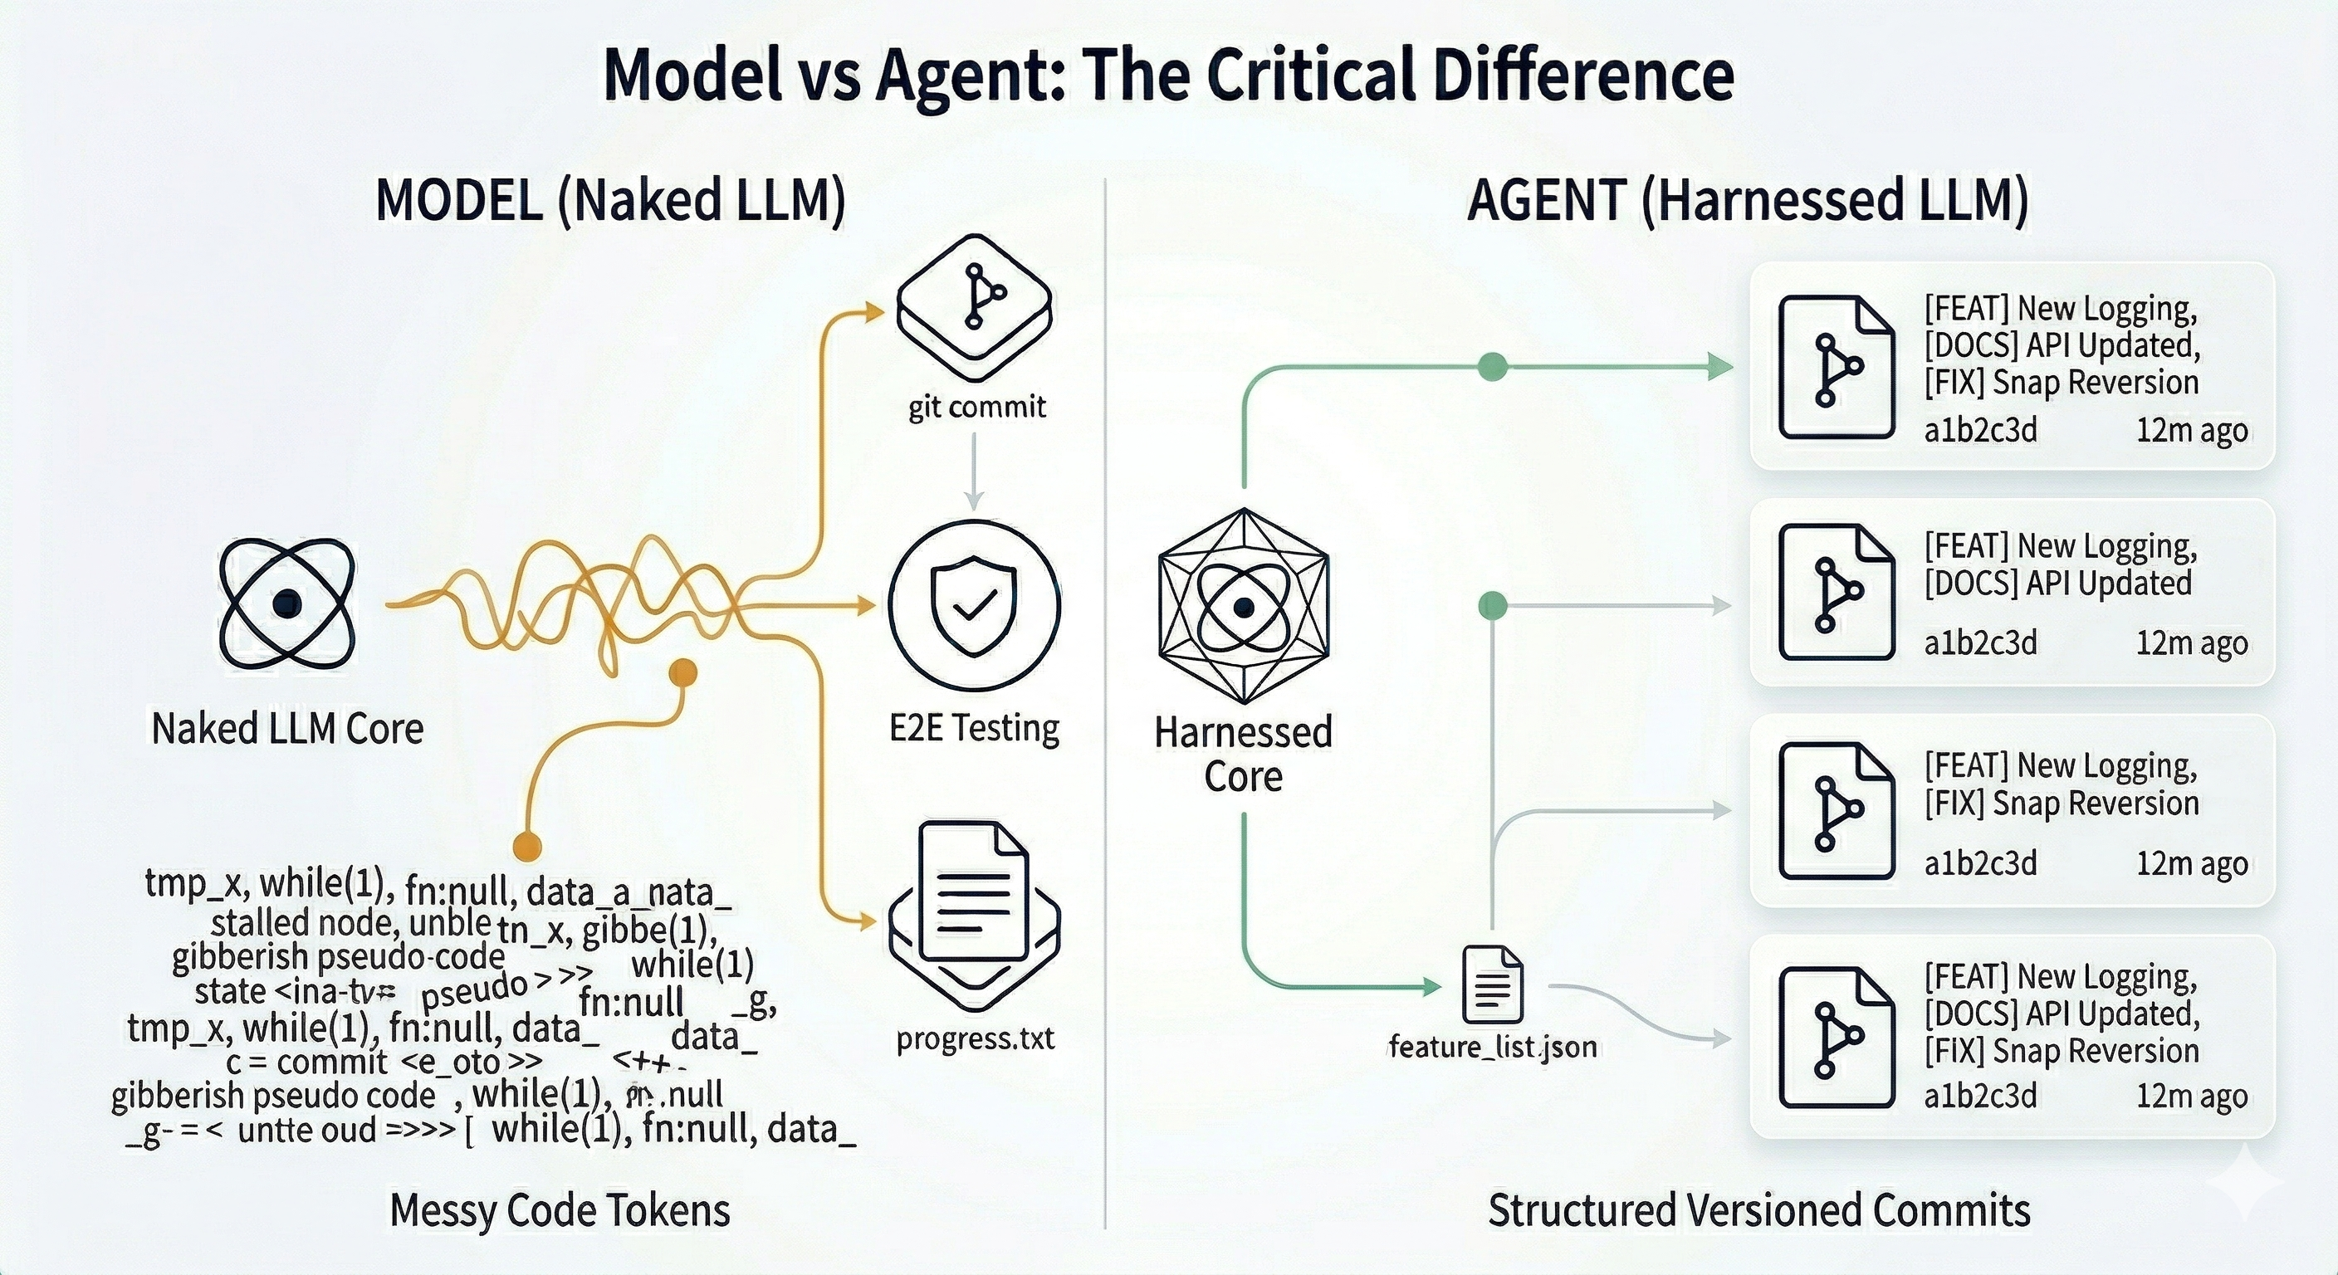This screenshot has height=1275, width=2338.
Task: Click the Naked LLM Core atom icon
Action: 286,603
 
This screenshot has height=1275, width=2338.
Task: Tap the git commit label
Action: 976,407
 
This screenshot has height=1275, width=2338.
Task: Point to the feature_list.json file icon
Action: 1492,984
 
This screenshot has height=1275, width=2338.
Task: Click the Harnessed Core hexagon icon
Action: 1244,605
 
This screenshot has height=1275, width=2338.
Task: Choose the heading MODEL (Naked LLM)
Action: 610,201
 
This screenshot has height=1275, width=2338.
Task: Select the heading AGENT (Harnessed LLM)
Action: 1747,201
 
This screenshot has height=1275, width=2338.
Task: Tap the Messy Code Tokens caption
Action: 560,1210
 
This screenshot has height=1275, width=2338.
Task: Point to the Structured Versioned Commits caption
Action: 1759,1210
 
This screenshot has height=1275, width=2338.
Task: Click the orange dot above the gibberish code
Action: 682,673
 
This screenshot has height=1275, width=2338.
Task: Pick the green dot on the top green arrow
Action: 1493,367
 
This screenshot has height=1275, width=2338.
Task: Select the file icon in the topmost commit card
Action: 1836,368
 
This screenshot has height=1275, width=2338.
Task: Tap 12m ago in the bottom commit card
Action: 2191,1097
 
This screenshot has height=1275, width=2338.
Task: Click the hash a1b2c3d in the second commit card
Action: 1980,642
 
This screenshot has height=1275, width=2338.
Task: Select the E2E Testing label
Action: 974,728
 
